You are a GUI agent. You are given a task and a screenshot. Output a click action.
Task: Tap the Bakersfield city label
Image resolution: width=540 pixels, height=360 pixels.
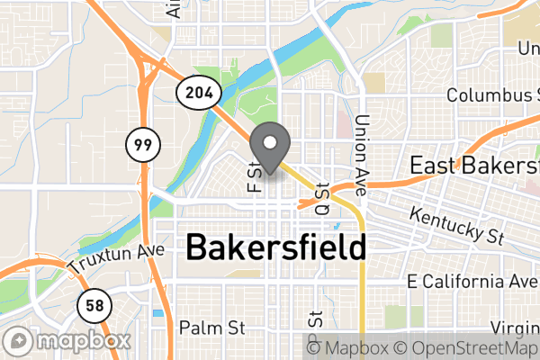coord(275,247)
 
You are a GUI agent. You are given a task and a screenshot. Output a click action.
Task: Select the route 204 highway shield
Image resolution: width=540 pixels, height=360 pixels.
coord(195,93)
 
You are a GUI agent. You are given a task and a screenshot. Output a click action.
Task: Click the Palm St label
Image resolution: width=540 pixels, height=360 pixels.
coord(212,326)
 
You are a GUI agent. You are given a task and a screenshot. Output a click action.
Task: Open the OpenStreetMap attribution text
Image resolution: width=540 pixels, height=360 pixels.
coord(471,348)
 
